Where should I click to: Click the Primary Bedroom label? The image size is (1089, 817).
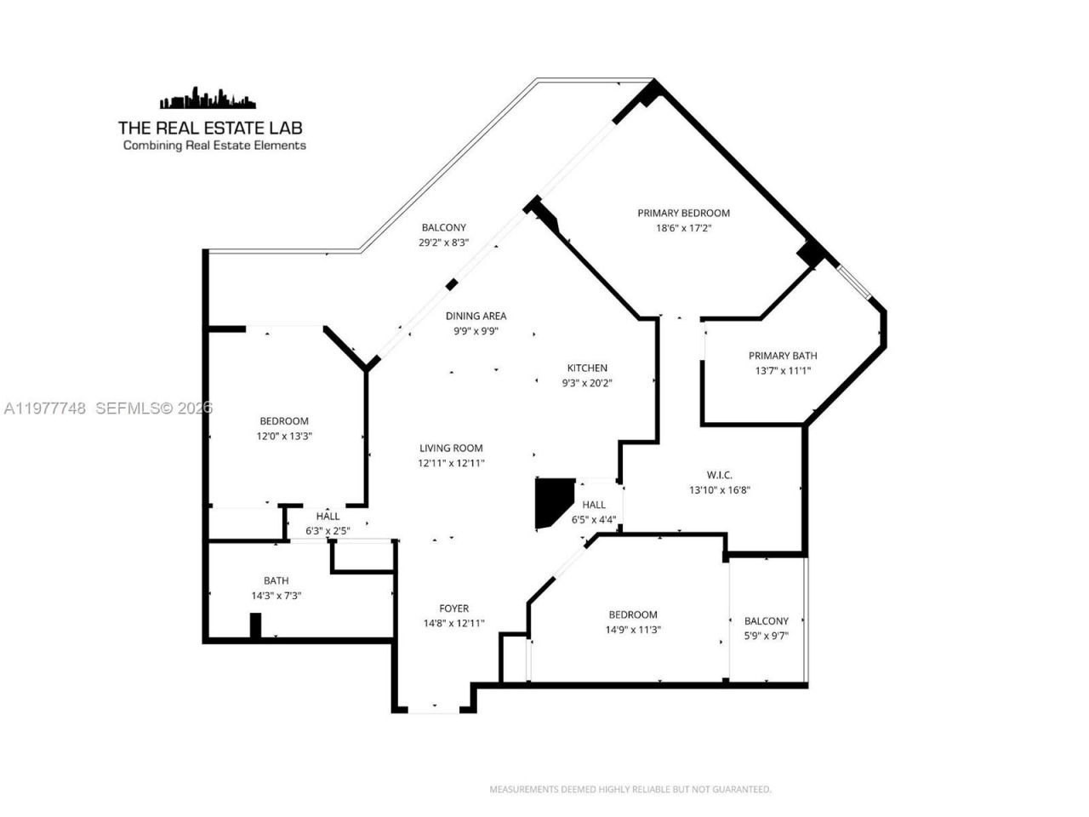[683, 213]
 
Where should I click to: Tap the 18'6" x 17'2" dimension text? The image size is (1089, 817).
[683, 228]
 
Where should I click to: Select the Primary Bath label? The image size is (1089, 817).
[782, 356]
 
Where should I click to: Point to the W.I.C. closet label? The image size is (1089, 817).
[719, 475]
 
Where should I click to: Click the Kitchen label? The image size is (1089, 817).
[587, 368]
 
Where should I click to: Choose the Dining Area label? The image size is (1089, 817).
[476, 316]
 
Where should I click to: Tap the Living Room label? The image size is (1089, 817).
[450, 448]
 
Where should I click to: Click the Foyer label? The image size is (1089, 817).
[453, 608]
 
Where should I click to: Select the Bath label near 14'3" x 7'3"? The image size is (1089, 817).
[276, 580]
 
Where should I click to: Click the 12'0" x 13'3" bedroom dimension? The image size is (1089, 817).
[283, 436]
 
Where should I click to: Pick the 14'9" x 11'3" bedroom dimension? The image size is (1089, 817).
[633, 630]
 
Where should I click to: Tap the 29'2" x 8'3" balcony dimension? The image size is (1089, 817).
[443, 243]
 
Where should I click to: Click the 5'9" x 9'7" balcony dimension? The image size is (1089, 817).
[766, 636]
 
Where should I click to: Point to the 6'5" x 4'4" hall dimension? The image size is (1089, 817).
[594, 520]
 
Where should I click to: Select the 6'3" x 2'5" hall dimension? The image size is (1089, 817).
[328, 530]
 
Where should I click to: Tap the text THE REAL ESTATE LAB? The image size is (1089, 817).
[210, 128]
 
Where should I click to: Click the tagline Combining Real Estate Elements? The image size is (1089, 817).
[214, 146]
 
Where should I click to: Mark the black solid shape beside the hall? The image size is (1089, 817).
[550, 502]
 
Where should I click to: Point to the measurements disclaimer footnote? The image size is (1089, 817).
[630, 789]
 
